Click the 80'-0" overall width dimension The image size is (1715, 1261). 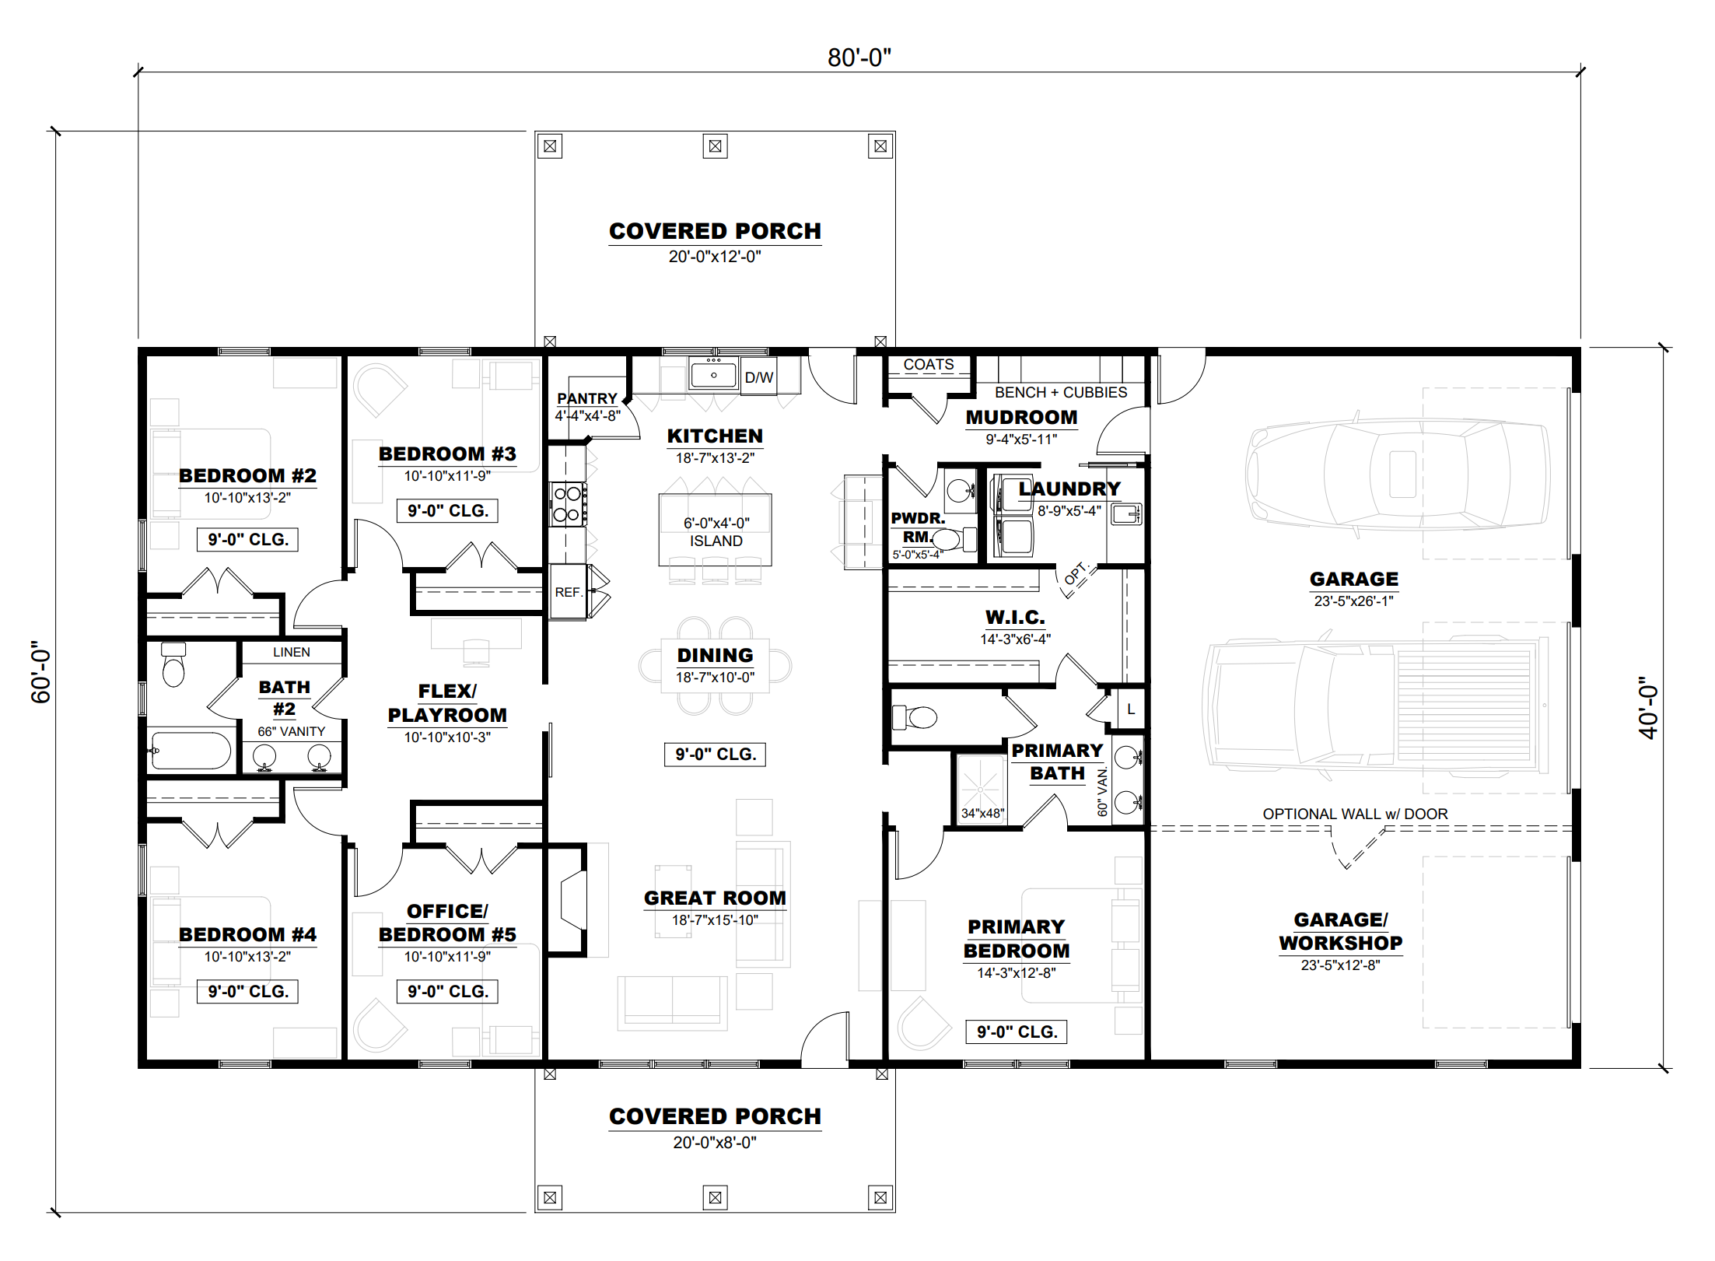(859, 58)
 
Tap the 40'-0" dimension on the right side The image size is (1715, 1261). (1647, 707)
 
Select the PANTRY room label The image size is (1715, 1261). (586, 398)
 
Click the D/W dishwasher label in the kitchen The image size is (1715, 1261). (758, 377)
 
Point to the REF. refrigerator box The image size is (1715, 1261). (568, 592)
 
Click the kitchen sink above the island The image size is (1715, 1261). (713, 375)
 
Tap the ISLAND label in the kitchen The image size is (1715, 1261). (716, 541)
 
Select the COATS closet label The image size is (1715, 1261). (929, 364)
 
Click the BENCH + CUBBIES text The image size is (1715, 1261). (1061, 392)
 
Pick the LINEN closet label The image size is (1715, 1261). (292, 652)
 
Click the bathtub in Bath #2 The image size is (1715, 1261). (191, 751)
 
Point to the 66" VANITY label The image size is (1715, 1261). (292, 731)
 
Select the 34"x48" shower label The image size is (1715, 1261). (983, 813)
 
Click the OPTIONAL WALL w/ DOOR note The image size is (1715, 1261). (1355, 814)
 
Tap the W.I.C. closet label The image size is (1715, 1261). (1015, 617)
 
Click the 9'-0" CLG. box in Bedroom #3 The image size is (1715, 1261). (447, 510)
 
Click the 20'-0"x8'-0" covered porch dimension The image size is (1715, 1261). (715, 1142)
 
